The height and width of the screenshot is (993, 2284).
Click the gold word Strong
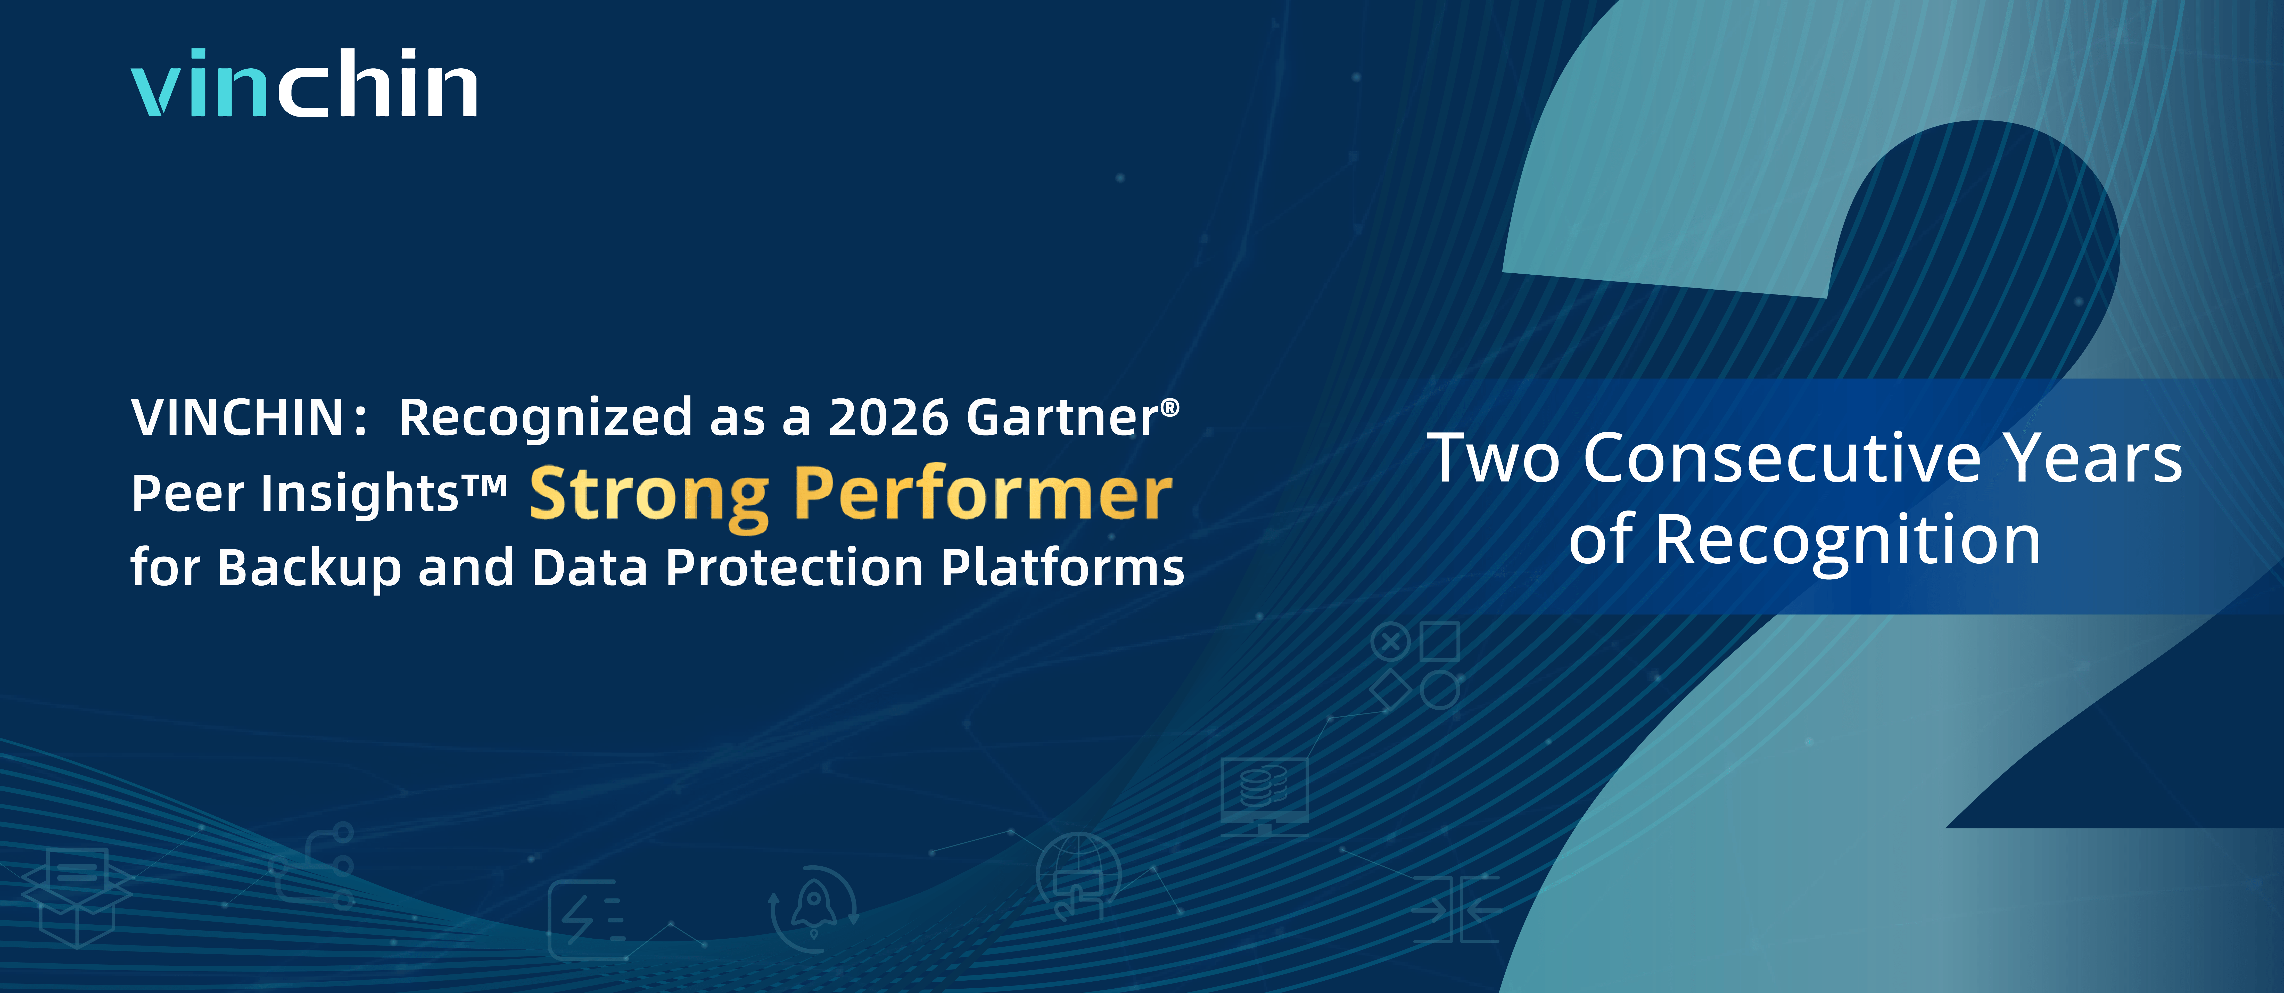(649, 495)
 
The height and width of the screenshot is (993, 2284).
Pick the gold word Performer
(982, 495)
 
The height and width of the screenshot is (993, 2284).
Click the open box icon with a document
(77, 896)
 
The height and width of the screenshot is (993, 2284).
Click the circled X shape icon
(1390, 641)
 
